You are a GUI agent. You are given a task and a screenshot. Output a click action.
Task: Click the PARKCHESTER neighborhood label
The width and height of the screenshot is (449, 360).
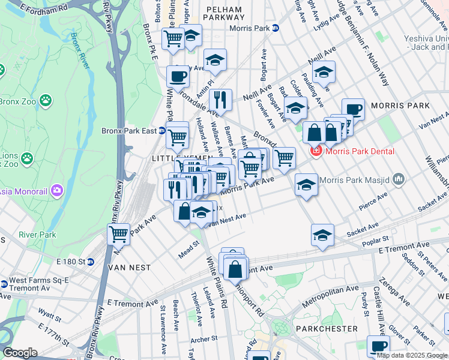[330, 329]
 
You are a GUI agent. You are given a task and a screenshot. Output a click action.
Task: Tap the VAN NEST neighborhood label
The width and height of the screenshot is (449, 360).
[130, 267]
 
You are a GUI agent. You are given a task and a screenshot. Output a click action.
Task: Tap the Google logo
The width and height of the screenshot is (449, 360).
[20, 353]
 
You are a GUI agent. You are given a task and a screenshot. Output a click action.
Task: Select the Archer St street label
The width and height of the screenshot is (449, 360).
[205, 339]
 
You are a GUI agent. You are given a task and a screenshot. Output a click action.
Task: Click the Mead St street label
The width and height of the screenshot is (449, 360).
[188, 250]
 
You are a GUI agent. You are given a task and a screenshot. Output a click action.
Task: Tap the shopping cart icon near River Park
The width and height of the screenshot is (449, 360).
[119, 234]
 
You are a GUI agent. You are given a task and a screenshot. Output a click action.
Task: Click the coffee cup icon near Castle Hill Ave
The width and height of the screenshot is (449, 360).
[378, 346]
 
